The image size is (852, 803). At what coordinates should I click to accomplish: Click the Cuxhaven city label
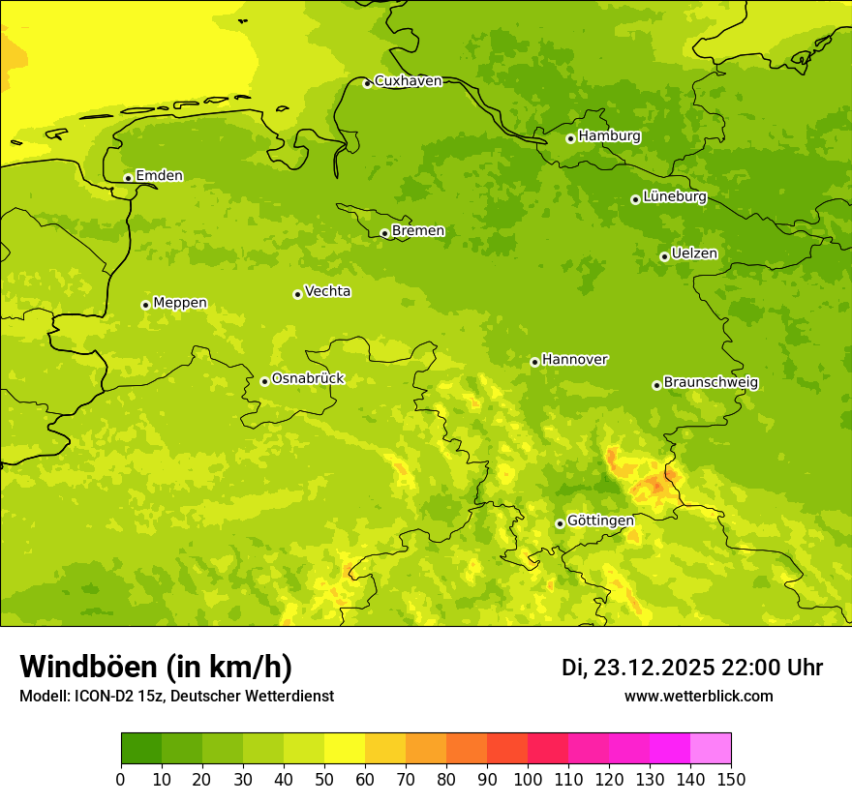[408, 81]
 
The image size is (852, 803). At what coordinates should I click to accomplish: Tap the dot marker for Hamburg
[570, 138]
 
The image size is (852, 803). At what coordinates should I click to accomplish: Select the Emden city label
[159, 176]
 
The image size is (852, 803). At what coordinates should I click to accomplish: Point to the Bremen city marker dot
[384, 233]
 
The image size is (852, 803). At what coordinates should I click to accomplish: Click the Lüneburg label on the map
[674, 197]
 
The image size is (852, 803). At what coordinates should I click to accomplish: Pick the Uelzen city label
[694, 254]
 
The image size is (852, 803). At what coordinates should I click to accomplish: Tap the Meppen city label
[180, 303]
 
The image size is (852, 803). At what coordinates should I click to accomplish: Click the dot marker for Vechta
[297, 294]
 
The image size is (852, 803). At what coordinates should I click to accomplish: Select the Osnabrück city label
[308, 379]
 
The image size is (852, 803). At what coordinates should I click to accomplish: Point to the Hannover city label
[574, 360]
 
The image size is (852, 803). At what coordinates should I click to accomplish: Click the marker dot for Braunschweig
[656, 385]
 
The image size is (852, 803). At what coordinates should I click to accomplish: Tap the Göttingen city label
[600, 521]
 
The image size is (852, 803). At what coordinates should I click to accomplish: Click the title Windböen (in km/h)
[156, 668]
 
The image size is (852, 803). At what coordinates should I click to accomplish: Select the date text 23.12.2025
[654, 669]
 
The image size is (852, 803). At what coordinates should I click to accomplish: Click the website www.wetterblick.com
[698, 697]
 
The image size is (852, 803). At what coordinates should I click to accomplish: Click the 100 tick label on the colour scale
[528, 780]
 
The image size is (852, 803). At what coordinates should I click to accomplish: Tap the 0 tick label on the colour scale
[121, 780]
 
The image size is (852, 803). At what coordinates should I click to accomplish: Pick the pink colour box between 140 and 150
[711, 749]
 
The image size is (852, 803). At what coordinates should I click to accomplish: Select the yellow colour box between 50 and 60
[345, 749]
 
